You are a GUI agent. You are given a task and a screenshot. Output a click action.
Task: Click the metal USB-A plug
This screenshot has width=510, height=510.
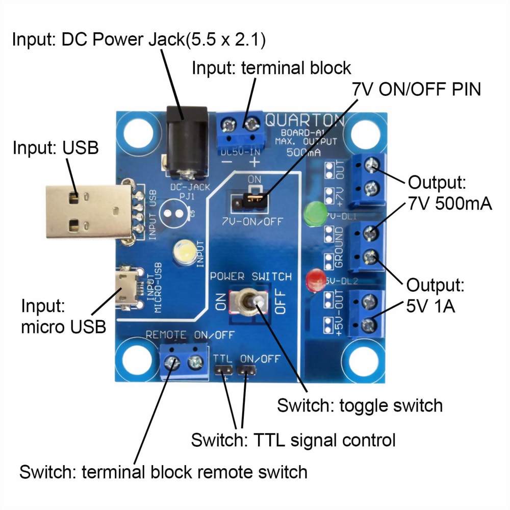[87, 212]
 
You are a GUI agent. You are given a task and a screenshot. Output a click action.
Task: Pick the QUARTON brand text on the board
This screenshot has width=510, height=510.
[304, 121]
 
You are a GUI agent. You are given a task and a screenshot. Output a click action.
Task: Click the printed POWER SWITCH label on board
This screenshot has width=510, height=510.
[251, 277]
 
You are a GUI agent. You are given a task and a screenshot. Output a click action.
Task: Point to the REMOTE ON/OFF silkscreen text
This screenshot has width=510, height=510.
[190, 335]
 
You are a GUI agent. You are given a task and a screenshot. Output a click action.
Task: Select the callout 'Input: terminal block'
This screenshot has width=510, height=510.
[271, 68]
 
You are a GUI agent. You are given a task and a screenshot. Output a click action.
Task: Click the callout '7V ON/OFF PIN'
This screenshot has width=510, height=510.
[416, 90]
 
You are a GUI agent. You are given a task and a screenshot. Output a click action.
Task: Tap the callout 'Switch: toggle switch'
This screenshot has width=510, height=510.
[360, 405]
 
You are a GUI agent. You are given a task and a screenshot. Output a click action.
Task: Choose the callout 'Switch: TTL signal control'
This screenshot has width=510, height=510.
[293, 440]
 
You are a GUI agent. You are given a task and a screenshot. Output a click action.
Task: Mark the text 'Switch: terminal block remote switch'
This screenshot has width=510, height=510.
[163, 471]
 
